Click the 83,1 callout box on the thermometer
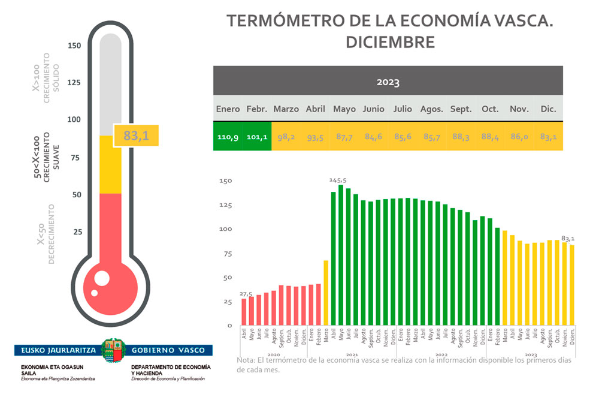(136, 136)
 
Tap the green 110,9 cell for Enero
(228, 137)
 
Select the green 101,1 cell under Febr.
(257, 137)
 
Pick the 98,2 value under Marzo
(286, 137)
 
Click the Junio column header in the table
(373, 109)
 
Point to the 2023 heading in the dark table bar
(388, 82)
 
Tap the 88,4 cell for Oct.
(490, 137)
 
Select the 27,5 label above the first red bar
(246, 293)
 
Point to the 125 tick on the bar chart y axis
(225, 205)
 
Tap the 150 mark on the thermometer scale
(74, 46)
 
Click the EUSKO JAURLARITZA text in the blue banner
(57, 350)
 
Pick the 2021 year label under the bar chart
(352, 355)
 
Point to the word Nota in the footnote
(245, 360)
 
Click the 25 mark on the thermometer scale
(77, 232)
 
